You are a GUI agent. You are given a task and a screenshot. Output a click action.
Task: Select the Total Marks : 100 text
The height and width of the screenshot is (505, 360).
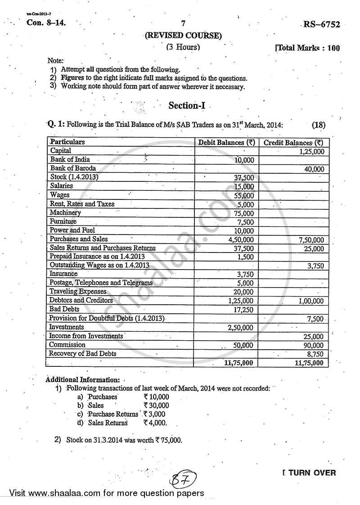(x=308, y=48)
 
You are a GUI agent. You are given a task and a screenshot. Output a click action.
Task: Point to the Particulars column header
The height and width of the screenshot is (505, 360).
(x=67, y=142)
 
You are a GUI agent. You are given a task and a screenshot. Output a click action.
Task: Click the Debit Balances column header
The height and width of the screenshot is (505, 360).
(x=227, y=143)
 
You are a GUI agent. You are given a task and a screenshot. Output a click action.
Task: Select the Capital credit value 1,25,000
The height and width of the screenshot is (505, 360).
(x=311, y=152)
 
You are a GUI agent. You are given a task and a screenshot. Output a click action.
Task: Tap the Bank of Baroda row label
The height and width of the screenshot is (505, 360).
(x=73, y=168)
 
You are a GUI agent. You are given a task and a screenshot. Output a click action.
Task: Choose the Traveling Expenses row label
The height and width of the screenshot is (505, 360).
(x=78, y=292)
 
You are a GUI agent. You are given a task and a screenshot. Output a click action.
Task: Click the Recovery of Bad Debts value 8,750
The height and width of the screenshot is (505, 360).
(x=315, y=354)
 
